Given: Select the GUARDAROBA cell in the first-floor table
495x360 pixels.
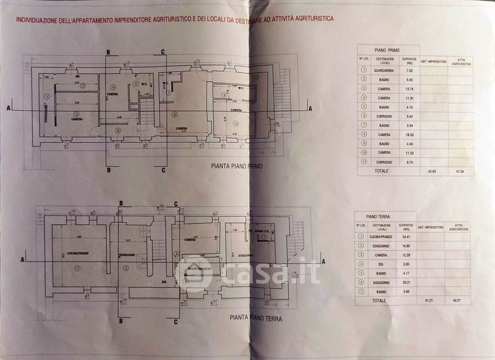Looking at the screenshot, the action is (x=389, y=71).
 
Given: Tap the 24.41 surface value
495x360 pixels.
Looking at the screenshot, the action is (x=406, y=236).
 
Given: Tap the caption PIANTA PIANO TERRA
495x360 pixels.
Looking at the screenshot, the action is (x=256, y=319).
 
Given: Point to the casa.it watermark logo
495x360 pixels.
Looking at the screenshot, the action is (x=247, y=272).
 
